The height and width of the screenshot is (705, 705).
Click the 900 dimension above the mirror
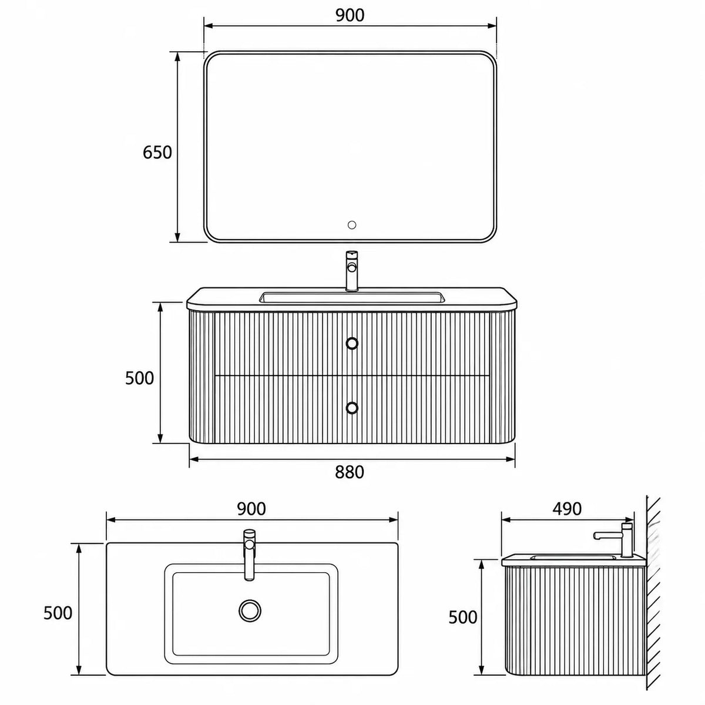pos(350,15)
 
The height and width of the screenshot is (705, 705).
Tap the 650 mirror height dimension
pos(157,152)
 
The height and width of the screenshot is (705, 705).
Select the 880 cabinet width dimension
pos(350,472)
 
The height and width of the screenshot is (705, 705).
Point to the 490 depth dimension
pos(567,509)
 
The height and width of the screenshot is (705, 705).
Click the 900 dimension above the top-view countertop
pos(251,509)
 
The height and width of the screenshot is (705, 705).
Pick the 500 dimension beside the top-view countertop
pos(58,613)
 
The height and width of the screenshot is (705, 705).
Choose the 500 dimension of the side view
pos(463,617)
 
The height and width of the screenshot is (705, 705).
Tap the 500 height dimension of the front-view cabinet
pos(139,378)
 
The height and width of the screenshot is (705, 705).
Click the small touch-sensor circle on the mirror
pos(352,224)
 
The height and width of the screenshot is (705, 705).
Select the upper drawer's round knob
pos(352,343)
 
